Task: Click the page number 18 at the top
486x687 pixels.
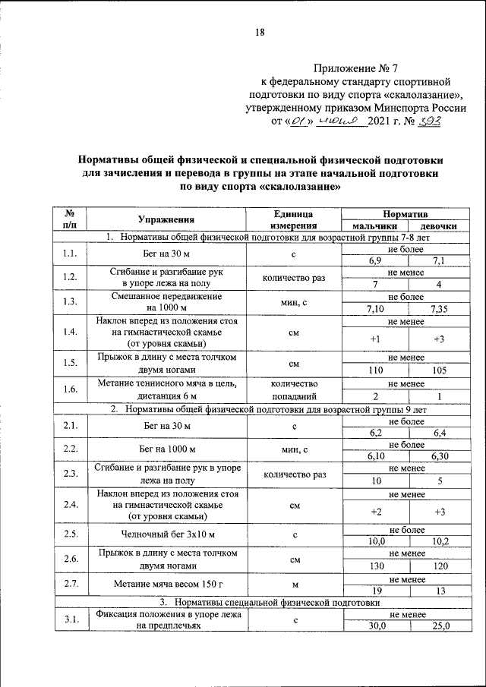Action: pyautogui.click(x=260, y=32)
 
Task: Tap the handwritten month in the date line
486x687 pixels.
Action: pyautogui.click(x=342, y=121)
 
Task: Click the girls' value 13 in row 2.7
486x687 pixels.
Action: pyautogui.click(x=438, y=591)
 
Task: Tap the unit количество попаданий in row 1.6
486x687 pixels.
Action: pyautogui.click(x=293, y=390)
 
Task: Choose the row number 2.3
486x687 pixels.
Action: pyautogui.click(x=71, y=474)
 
